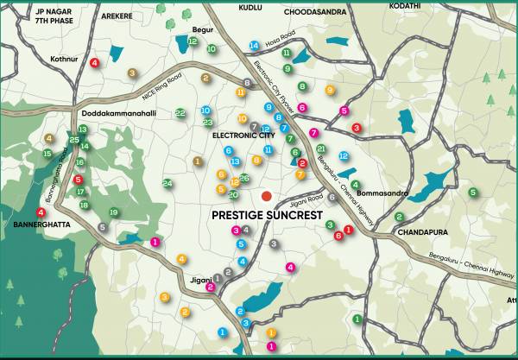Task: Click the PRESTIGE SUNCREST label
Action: point(267,215)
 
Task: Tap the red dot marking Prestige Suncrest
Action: point(267,196)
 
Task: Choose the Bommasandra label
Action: point(381,193)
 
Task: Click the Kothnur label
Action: point(64,60)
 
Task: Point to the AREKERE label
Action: point(118,15)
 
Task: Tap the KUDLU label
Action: point(249,6)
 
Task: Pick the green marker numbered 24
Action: point(167,183)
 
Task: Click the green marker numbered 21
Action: point(321,149)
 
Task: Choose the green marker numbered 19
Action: point(113,212)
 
